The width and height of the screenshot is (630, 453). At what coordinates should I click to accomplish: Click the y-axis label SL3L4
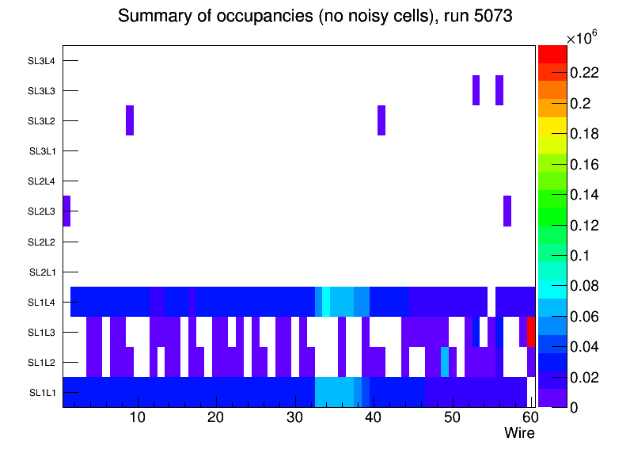42,60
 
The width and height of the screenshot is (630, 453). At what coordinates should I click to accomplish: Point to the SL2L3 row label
42,211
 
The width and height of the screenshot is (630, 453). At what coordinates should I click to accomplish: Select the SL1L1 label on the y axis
42,393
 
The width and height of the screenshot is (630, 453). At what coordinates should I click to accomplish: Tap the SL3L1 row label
42,151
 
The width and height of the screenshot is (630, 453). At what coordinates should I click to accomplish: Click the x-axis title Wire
519,433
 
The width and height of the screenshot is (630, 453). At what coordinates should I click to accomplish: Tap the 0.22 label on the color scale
584,73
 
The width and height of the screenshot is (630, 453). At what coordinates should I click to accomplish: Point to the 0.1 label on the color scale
580,255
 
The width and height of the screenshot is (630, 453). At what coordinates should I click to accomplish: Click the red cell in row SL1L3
531,332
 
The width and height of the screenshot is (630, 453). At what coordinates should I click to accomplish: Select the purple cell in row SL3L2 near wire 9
130,120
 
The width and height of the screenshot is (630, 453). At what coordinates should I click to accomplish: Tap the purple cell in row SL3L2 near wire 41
381,120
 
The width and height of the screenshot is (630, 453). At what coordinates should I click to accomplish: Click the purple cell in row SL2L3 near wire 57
507,211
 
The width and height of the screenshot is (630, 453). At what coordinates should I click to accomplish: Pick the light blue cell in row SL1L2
445,362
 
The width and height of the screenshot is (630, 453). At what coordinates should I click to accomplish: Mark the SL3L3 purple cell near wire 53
476,90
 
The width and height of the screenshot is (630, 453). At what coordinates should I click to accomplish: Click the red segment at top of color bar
552,54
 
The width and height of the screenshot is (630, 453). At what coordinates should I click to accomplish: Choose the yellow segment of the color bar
552,130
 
